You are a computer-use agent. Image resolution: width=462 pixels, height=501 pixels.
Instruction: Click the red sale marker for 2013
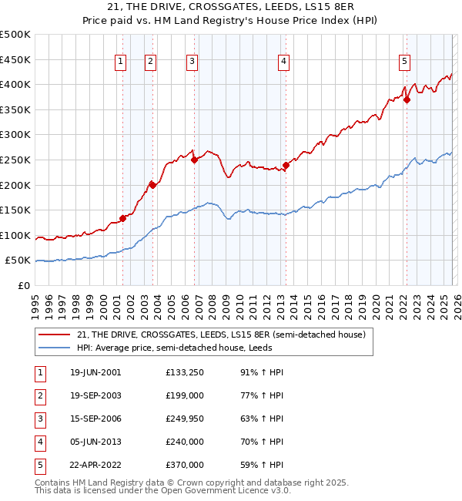(286, 164)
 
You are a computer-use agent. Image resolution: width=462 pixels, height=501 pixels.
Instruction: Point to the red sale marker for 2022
(407, 99)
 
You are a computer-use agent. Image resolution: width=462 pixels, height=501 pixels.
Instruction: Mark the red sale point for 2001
(122, 218)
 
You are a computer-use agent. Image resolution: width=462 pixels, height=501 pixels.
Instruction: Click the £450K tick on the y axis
(16, 59)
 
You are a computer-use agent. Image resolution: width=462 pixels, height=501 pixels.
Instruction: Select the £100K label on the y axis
(16, 235)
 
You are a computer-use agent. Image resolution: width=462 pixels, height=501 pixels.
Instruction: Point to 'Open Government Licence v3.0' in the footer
(230, 489)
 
